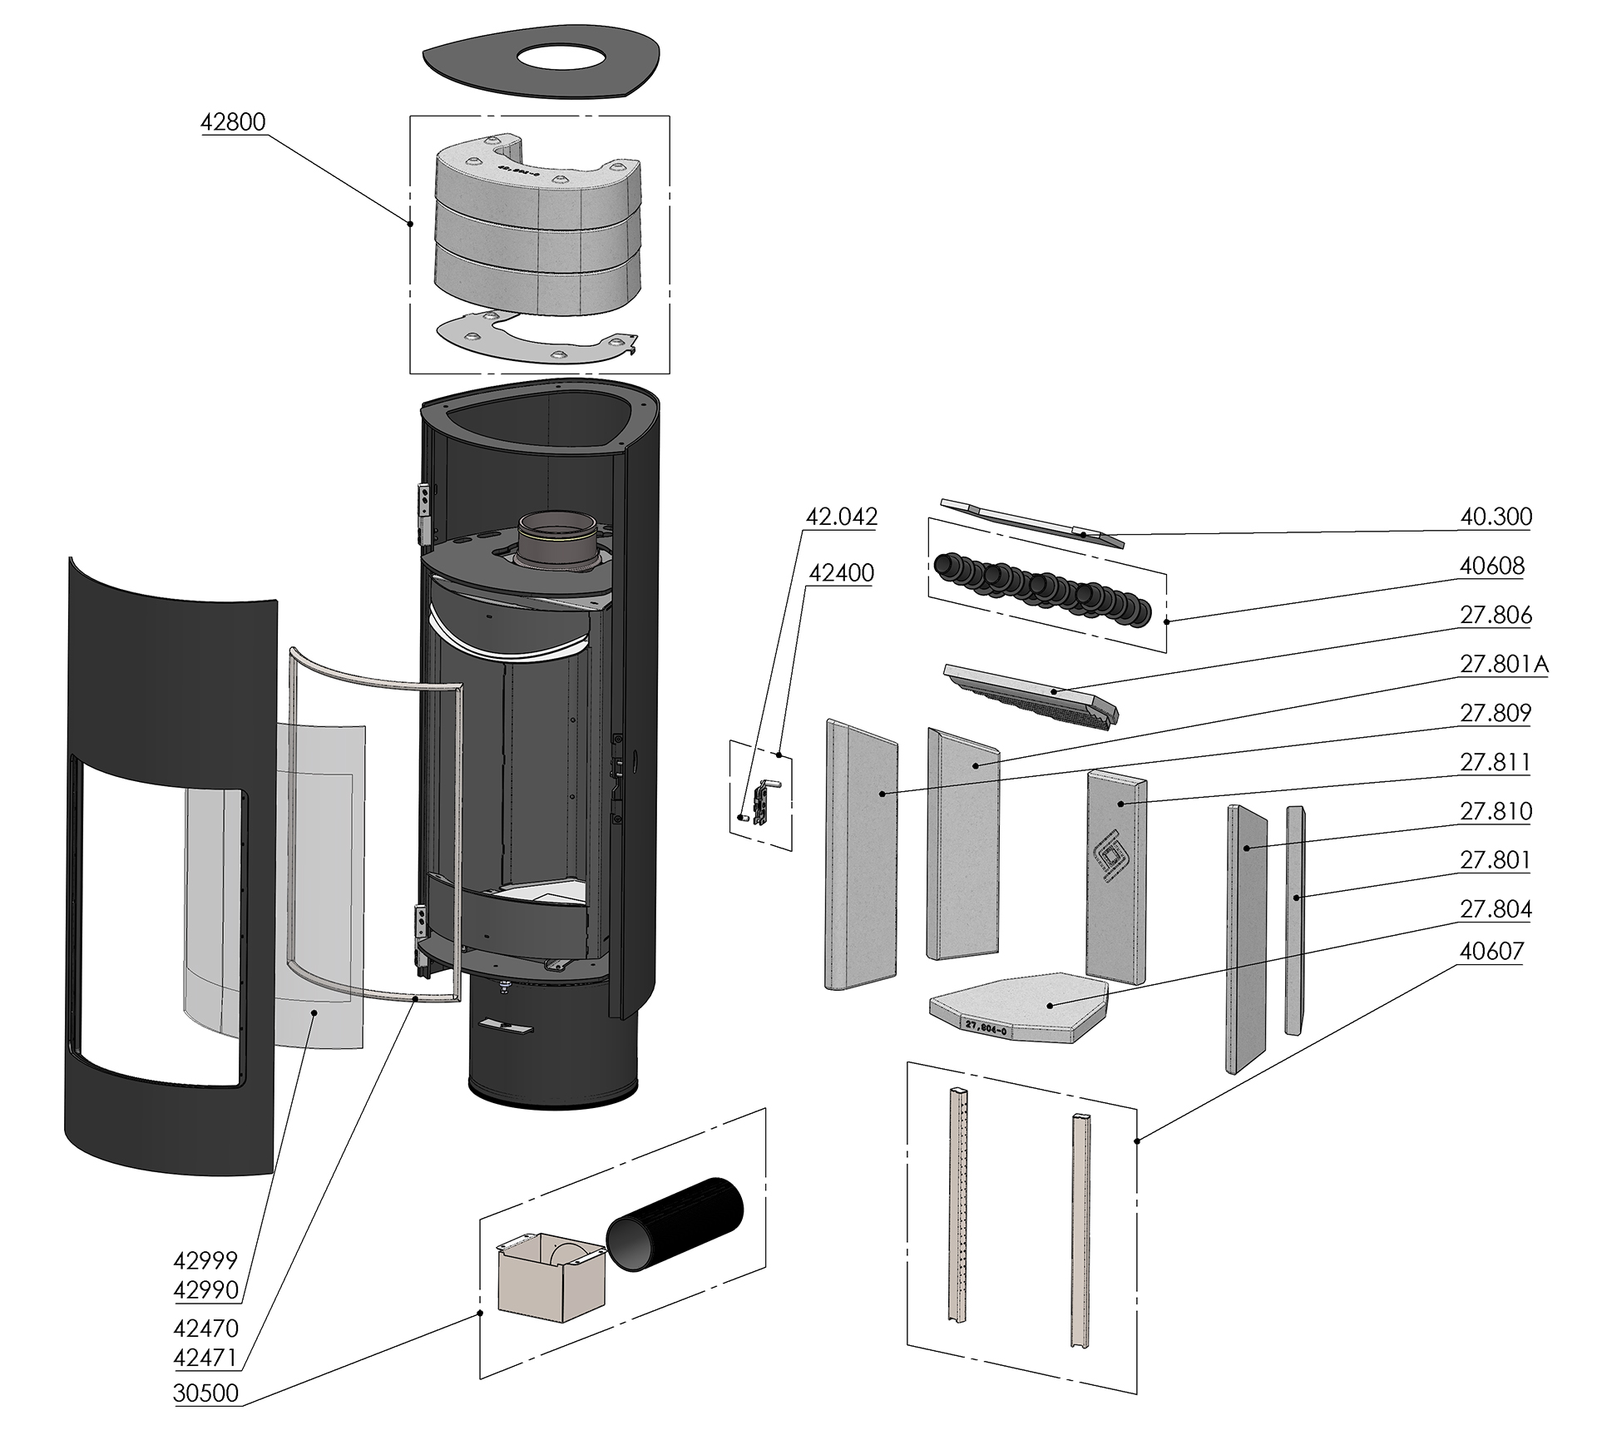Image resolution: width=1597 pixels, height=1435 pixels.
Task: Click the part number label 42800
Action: point(233,122)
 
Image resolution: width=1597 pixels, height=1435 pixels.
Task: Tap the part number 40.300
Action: point(1496,517)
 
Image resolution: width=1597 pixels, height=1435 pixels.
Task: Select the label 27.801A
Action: point(1504,664)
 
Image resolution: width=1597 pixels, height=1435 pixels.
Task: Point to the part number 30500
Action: point(205,1393)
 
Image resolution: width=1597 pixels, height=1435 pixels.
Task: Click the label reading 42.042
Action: point(841,517)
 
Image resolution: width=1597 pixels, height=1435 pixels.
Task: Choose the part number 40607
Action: point(1492,950)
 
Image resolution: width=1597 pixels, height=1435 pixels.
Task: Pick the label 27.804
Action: point(1496,908)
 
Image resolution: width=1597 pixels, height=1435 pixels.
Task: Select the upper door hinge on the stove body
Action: point(424,512)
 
